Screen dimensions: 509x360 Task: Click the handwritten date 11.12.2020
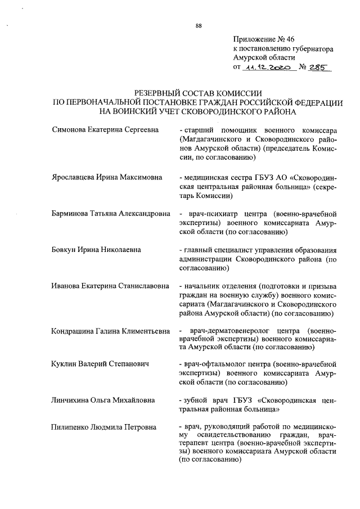(267, 67)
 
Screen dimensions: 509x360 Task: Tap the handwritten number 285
(318, 67)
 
